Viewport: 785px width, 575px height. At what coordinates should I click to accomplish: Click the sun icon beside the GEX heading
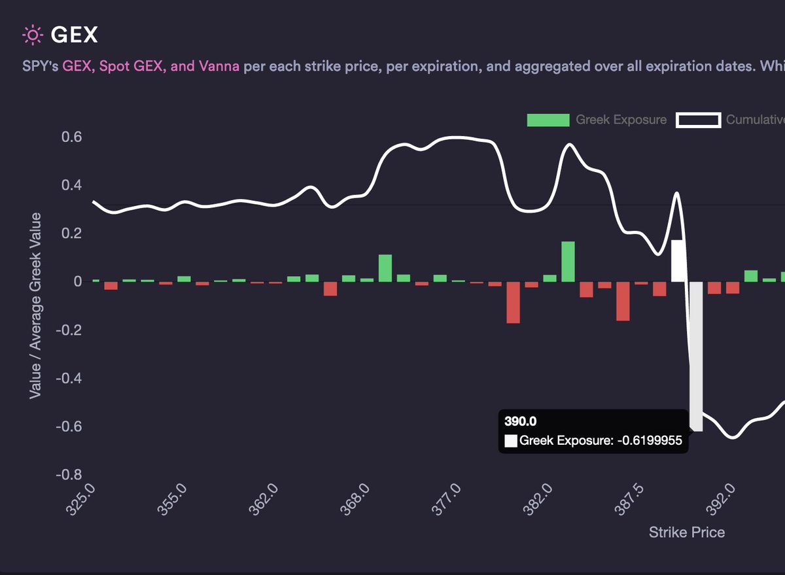coord(31,35)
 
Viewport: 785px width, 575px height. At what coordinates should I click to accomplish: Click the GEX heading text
coord(74,35)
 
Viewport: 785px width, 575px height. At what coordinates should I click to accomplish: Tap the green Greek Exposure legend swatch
coord(548,120)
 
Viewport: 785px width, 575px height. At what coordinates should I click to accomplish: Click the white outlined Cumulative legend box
coord(698,120)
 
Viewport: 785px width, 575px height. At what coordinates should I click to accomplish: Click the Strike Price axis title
coord(686,532)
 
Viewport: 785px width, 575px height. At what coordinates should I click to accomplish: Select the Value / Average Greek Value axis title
coord(35,305)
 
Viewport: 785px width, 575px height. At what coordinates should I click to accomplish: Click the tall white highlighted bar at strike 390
coord(696,357)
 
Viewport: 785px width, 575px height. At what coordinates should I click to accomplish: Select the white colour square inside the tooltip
coord(510,441)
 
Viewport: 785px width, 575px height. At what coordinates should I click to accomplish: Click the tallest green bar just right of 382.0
coord(568,262)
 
